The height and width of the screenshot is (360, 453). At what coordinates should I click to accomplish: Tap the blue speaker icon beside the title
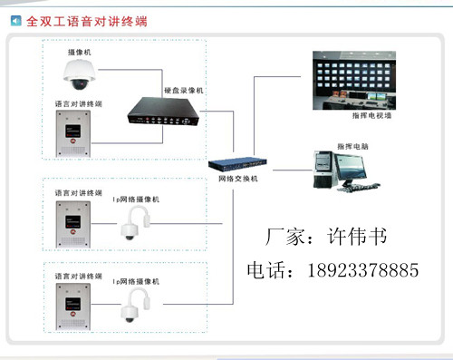click(15, 17)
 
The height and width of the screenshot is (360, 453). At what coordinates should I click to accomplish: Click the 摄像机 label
click(79, 54)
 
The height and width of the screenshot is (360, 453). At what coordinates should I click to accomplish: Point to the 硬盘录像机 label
click(184, 91)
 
